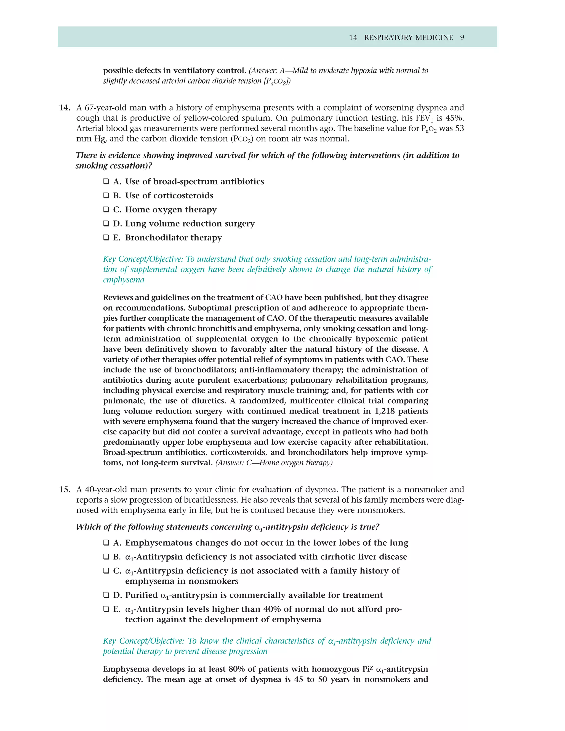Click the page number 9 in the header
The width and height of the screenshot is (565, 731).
[462, 38]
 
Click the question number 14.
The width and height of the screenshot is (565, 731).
[64, 108]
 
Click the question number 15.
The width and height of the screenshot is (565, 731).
[64, 490]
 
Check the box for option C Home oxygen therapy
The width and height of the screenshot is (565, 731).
[106, 210]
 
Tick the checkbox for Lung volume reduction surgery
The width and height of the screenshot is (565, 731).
[106, 224]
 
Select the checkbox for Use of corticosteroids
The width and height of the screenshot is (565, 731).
[106, 196]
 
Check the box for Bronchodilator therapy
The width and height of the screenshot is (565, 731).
[106, 238]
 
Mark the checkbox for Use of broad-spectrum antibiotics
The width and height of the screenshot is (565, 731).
[106, 182]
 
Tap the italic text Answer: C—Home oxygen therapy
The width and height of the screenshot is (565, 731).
[274, 463]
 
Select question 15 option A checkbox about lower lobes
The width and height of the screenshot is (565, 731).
[106, 543]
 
